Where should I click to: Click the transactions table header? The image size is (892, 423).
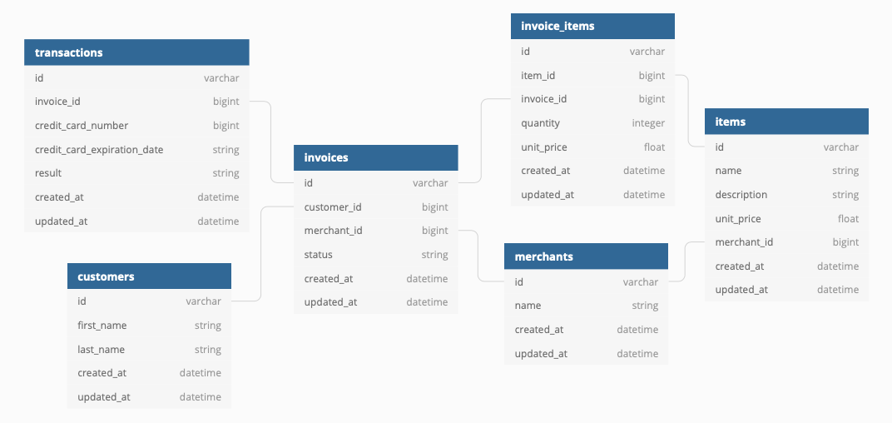[69, 52]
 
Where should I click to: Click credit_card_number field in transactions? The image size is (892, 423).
[82, 126]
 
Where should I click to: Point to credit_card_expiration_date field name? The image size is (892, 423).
[99, 150]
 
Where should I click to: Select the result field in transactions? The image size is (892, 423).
[48, 173]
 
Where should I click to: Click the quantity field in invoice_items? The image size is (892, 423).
[540, 123]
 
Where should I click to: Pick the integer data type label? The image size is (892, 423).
[648, 123]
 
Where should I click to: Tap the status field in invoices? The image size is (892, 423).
[318, 255]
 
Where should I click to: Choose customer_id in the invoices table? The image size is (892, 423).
[333, 207]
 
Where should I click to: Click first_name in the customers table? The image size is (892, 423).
[102, 326]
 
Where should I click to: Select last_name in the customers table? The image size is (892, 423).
[102, 350]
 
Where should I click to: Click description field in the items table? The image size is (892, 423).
[741, 195]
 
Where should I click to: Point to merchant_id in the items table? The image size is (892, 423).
[744, 242]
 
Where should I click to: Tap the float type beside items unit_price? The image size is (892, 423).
[848, 219]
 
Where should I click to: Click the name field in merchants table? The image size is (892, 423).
[528, 306]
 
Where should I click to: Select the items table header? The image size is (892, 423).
[731, 122]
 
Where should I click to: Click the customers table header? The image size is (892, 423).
[106, 276]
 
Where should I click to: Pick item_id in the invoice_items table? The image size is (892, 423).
[538, 76]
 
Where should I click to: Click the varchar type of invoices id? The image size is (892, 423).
[430, 183]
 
